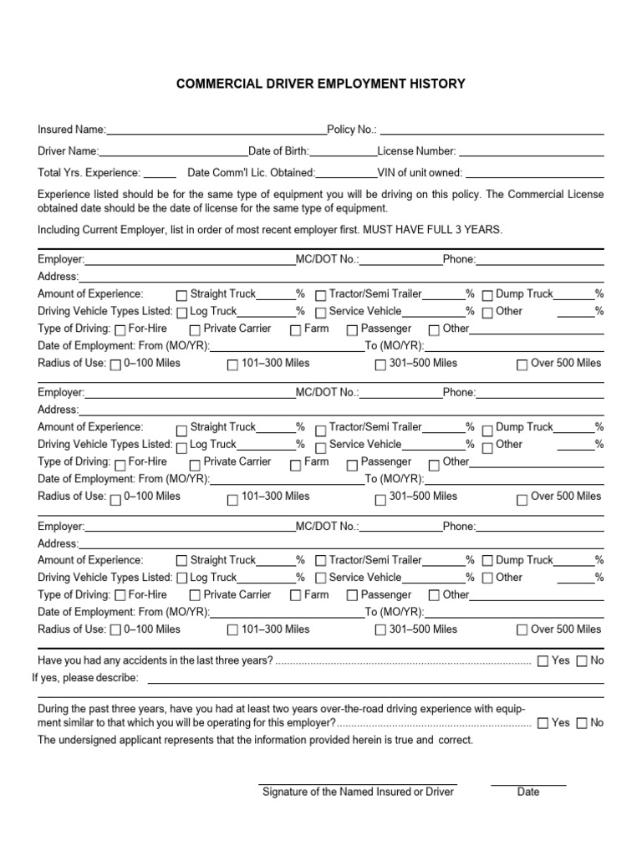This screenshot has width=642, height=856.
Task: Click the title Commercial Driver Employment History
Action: coord(320,84)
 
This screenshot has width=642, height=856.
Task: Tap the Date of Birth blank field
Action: coord(344,153)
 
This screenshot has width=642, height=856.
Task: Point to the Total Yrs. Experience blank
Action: coord(160,174)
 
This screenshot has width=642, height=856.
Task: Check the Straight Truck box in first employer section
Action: coord(181,295)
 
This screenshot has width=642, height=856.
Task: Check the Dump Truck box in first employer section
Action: coord(487,295)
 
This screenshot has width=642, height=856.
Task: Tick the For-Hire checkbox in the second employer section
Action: coord(120,462)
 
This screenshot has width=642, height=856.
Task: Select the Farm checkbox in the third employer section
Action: coord(295,596)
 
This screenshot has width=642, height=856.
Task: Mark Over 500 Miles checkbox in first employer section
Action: coord(522,364)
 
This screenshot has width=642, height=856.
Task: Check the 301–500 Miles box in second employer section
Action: coord(380,497)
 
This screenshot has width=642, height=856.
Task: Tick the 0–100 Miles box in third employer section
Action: coord(115,630)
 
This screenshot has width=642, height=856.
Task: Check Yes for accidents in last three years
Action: coord(543,661)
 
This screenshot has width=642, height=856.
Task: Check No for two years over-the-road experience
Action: coord(582,723)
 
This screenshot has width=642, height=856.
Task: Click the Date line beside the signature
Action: coord(527,784)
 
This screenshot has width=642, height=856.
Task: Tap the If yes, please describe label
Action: coord(85,677)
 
